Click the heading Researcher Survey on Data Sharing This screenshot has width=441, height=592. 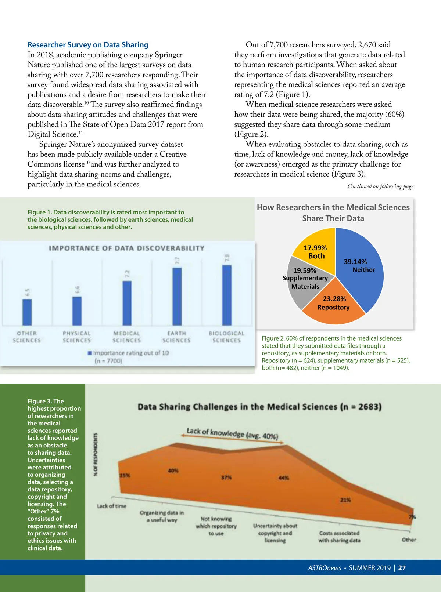(88, 45)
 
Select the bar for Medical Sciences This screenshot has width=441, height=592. (127, 303)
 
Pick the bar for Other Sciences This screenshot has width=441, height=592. (27, 312)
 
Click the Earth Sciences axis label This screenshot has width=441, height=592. (176, 337)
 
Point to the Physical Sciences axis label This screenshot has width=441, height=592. (76, 337)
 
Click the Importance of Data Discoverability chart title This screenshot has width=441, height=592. (126, 248)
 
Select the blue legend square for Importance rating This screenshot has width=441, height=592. (90, 353)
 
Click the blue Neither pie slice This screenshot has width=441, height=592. (362, 279)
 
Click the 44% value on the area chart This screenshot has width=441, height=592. (284, 478)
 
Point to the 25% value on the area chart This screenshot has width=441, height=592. (125, 476)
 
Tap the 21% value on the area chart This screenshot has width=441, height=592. (345, 500)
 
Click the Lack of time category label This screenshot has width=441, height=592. (111, 506)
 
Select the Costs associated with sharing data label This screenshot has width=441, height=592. (339, 537)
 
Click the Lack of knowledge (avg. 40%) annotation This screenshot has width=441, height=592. (232, 433)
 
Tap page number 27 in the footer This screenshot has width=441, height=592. (402, 568)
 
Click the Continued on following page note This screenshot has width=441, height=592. (380, 186)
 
